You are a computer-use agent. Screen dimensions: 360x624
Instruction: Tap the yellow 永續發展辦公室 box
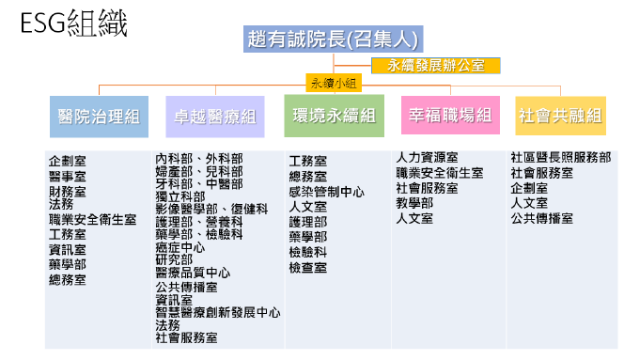[435, 66]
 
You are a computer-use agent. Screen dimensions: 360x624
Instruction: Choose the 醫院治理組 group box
[99, 117]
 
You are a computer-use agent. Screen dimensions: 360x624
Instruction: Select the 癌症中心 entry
[180, 247]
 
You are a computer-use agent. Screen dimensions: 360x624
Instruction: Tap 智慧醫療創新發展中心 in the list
[218, 312]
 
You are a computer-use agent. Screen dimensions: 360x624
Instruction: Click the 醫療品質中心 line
[193, 274]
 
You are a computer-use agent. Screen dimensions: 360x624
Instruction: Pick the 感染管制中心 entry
[327, 191]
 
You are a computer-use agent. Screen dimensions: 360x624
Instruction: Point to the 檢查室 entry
[308, 268]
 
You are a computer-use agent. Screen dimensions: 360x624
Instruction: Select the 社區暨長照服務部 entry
[560, 157]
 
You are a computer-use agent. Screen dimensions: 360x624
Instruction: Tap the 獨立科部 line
[180, 196]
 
